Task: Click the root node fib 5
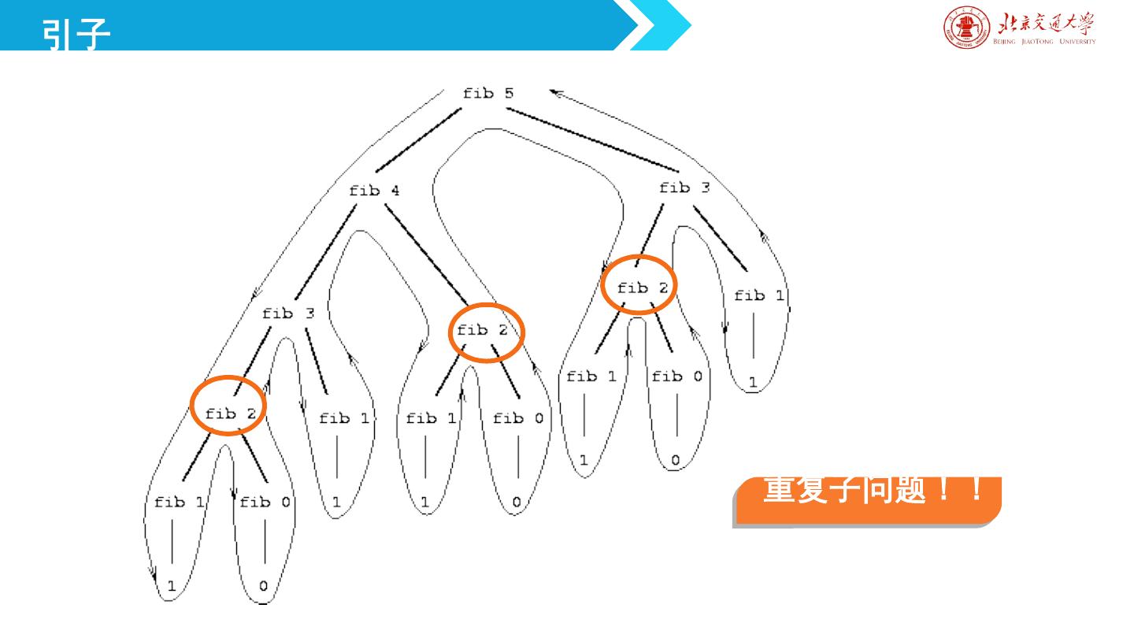pyautogui.click(x=488, y=93)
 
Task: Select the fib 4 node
pyautogui.click(x=374, y=191)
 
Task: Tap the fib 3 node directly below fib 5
pyautogui.click(x=684, y=187)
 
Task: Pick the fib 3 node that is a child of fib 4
pyautogui.click(x=288, y=313)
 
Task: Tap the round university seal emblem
pyautogui.click(x=959, y=29)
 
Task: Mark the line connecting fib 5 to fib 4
pyautogui.click(x=417, y=140)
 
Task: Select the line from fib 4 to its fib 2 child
pyautogui.click(x=425, y=254)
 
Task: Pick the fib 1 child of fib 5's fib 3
pyautogui.click(x=759, y=295)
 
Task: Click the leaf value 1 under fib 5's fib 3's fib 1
pyautogui.click(x=753, y=383)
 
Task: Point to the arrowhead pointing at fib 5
pyautogui.click(x=555, y=93)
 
